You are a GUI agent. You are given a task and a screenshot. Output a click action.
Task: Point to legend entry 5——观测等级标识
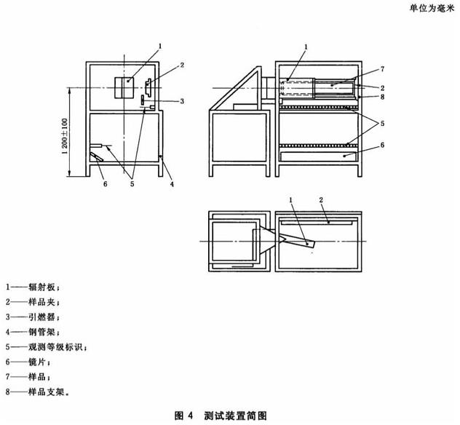click(x=45, y=347)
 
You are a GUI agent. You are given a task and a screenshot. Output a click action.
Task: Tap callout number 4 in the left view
click(x=172, y=185)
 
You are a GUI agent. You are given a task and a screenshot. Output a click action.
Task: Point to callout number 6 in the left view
click(x=105, y=185)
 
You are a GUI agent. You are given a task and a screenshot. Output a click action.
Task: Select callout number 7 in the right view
click(x=381, y=69)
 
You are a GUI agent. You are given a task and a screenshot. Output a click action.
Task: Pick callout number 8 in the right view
click(x=381, y=95)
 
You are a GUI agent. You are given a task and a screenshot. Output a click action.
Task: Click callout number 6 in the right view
click(x=381, y=145)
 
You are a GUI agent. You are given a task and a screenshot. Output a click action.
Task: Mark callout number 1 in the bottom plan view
click(x=291, y=199)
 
